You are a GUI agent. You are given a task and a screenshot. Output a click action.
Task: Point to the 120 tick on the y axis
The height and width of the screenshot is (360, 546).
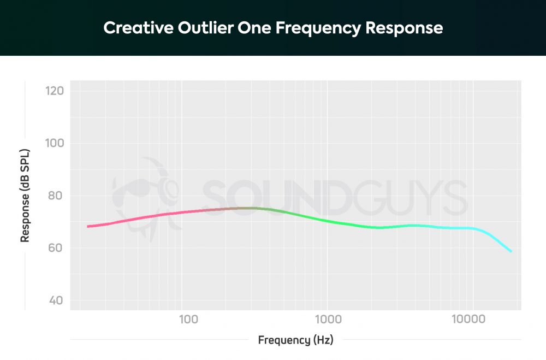pos(55,91)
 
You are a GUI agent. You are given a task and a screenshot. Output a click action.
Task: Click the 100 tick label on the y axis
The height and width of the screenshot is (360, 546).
pos(55,143)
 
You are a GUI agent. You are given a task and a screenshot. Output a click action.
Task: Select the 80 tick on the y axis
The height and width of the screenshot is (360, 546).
pos(57,196)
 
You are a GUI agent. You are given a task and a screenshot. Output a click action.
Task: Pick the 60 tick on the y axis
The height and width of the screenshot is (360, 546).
pos(57,248)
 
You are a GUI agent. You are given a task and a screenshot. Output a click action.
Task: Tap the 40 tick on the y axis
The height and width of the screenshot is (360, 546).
pos(57,300)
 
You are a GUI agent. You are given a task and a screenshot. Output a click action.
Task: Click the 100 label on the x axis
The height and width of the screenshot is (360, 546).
pos(188,319)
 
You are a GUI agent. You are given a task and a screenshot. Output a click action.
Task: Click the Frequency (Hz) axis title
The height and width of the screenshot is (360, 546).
pos(295,340)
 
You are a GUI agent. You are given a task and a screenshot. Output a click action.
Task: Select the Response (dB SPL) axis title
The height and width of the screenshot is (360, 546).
pos(25,196)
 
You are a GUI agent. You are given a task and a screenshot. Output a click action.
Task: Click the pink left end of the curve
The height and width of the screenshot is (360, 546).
pos(89,226)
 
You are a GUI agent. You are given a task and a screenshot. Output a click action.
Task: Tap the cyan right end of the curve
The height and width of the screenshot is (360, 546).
pos(511,251)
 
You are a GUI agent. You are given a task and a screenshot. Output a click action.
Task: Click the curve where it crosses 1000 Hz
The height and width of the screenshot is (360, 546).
pos(327,221)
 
